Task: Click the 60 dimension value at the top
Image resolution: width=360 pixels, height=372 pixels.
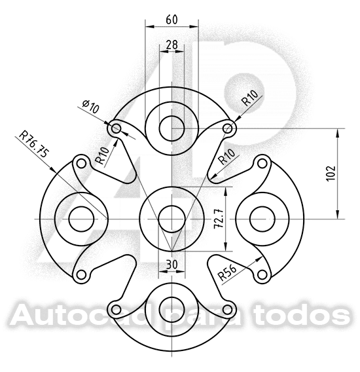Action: coord(171,19)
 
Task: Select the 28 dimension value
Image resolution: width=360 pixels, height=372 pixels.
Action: coord(171,45)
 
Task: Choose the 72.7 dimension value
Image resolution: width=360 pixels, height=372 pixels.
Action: coord(218,219)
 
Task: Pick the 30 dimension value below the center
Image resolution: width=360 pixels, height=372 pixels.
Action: coord(171,263)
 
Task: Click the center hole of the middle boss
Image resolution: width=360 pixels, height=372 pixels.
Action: coord(171,218)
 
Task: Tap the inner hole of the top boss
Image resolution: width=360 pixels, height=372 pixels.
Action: coord(171,127)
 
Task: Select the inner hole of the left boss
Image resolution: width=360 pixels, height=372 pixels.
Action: coord(81,218)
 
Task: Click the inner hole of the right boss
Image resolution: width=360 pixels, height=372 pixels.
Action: coord(262,218)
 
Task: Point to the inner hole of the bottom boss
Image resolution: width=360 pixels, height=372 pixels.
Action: coord(171,308)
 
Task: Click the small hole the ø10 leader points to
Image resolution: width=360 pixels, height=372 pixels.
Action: coord(117,128)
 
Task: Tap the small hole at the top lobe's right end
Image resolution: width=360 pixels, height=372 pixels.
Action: coord(228,128)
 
